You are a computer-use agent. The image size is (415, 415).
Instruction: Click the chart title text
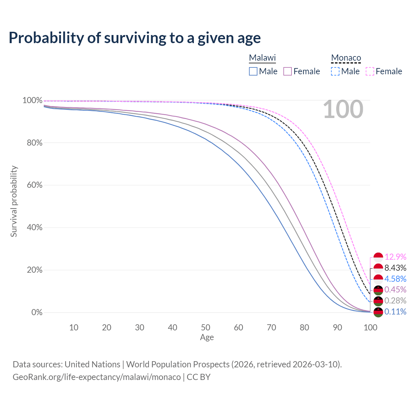pyautogui.click(x=135, y=38)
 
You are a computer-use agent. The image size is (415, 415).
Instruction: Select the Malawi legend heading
pyautogui.click(x=262, y=58)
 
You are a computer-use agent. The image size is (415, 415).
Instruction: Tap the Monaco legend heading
pyautogui.click(x=346, y=58)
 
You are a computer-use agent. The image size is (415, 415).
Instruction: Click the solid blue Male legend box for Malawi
pyautogui.click(x=253, y=71)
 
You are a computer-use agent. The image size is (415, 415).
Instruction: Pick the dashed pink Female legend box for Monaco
pyautogui.click(x=370, y=71)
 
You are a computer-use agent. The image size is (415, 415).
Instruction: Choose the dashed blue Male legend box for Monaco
pyautogui.click(x=335, y=71)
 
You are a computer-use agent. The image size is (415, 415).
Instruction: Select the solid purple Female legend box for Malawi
pyautogui.click(x=288, y=71)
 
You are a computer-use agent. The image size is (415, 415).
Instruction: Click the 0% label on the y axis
pyautogui.click(x=37, y=313)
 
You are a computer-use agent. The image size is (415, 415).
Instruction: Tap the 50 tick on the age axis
pyautogui.click(x=206, y=327)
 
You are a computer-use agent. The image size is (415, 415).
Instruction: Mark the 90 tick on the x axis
pyautogui.click(x=338, y=327)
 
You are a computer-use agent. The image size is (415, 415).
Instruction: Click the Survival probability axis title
pyautogui.click(x=14, y=201)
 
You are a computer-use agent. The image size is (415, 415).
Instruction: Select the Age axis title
pyautogui.click(x=207, y=338)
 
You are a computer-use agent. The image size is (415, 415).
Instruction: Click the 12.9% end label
pyautogui.click(x=396, y=257)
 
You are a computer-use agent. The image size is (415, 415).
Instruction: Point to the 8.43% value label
pyautogui.click(x=395, y=268)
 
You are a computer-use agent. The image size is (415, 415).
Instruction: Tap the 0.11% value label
pyautogui.click(x=395, y=312)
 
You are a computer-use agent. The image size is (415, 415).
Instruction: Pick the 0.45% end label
pyautogui.click(x=395, y=290)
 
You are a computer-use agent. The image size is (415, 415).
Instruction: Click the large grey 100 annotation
pyautogui.click(x=343, y=109)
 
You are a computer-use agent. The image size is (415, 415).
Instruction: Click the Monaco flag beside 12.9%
pyautogui.click(x=378, y=257)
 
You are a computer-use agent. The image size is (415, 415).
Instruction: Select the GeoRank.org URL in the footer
pyautogui.click(x=97, y=377)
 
